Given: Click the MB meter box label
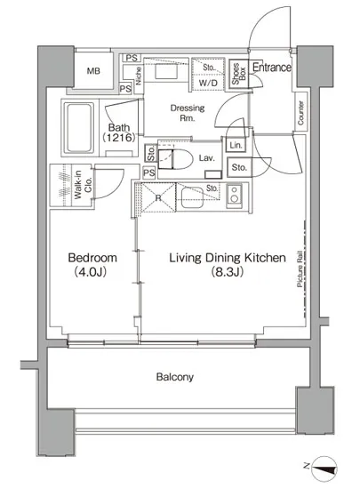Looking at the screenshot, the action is [93, 71].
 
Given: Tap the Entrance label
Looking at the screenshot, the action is [272, 67].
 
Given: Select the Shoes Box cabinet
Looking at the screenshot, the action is [239, 73].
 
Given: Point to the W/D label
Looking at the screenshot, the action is [208, 83].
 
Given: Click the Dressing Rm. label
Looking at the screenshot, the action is [188, 113].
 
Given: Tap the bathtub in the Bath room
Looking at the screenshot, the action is [79, 128].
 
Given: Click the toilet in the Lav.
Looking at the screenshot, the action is [175, 159].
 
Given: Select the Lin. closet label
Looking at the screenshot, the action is [236, 145].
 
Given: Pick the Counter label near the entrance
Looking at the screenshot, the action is [300, 113].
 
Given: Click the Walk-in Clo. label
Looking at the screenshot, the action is [83, 185].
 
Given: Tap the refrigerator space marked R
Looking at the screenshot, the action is [158, 197].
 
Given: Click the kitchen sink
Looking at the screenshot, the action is [192, 197].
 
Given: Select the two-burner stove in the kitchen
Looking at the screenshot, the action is [235, 195].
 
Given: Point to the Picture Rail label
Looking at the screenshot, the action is [300, 269].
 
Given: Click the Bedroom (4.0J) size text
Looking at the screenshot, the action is [91, 272].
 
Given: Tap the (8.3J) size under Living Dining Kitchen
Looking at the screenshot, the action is [228, 272].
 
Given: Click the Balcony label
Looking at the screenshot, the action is [175, 377].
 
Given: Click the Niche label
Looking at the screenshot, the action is [139, 76].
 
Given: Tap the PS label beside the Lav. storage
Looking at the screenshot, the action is [149, 172].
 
